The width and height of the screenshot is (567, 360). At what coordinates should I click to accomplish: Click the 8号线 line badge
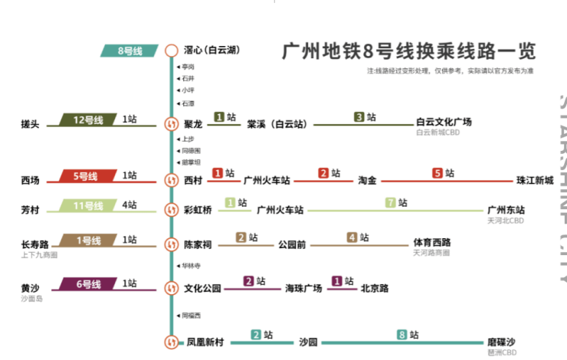[x=130, y=51]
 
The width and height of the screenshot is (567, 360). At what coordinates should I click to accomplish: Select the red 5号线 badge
[x=86, y=177]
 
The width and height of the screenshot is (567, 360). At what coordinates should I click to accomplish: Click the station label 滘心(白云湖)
[x=212, y=51]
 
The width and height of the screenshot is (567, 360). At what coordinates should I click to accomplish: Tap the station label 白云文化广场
[x=444, y=121]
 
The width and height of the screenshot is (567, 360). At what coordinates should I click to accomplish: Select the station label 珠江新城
[x=534, y=181]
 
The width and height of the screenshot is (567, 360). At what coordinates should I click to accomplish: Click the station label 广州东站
[x=506, y=209]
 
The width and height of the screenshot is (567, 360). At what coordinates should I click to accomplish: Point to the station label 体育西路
[x=432, y=243]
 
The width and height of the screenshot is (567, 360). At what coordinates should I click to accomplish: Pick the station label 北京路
[x=375, y=289]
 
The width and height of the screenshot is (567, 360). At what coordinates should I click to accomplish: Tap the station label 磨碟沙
[x=501, y=342]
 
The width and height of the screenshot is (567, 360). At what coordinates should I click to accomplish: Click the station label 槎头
[x=31, y=123]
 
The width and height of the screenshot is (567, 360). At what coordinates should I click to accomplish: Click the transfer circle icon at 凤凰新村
[x=172, y=342]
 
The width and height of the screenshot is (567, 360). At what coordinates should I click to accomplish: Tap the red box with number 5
[x=438, y=173]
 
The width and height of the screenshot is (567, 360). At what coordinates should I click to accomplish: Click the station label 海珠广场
[x=303, y=289]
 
